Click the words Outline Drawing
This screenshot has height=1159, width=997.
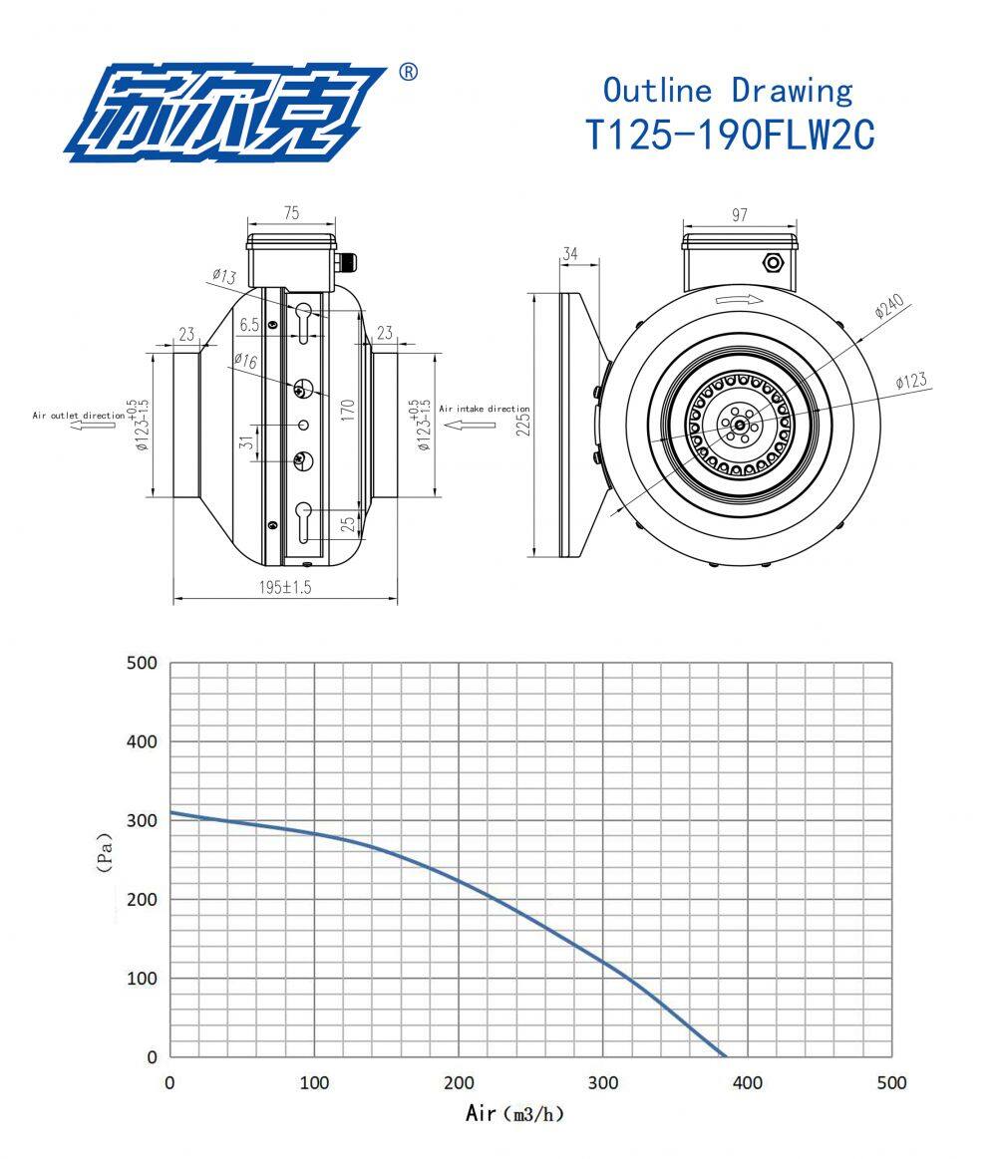coord(728,90)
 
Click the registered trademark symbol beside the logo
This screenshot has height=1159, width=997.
coord(408,73)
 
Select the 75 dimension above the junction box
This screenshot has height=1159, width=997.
coord(292,213)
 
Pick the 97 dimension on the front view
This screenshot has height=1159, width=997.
coord(739,214)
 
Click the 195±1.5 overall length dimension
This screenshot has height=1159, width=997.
coord(285,588)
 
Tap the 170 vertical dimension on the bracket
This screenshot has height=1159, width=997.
coord(348,410)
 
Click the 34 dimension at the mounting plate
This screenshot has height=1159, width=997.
coord(570,254)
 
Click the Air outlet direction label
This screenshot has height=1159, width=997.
coord(79,414)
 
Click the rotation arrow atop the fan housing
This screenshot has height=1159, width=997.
coord(739,299)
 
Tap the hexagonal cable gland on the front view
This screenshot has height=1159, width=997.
coord(772,263)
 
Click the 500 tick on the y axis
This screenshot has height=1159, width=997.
coord(142,664)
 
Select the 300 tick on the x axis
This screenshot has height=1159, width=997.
coord(602,1083)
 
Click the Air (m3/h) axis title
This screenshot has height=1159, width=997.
coord(515,1113)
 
